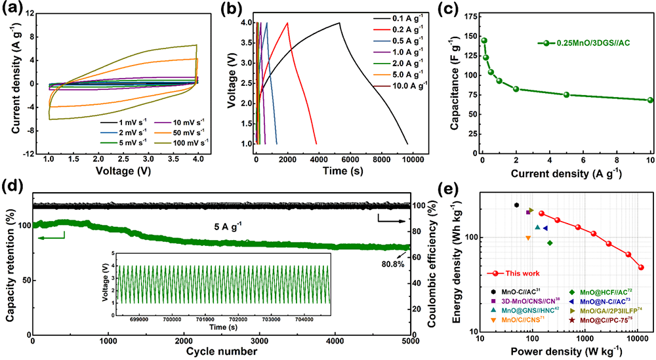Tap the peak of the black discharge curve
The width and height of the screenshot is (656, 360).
[x=339, y=23]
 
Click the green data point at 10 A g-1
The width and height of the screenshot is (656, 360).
[x=650, y=100]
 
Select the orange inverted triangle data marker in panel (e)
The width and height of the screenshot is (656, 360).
[x=528, y=238]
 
